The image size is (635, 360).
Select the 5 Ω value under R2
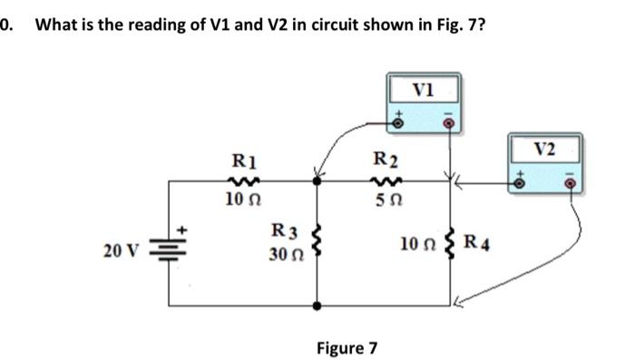(x=384, y=199)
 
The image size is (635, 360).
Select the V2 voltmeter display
(x=545, y=147)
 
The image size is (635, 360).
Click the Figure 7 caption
(x=347, y=347)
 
